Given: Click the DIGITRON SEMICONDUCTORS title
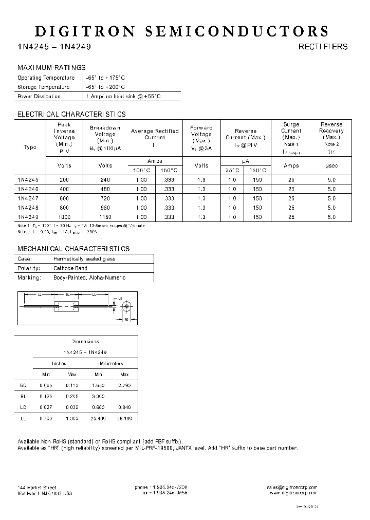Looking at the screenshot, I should click(x=181, y=31).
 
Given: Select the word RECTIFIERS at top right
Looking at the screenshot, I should click(x=323, y=47).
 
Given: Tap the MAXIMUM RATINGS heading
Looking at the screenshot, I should click(x=51, y=68).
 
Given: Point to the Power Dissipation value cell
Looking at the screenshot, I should click(x=123, y=97).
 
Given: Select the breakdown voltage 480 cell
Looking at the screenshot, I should click(x=105, y=189).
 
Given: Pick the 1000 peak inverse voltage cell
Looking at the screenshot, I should click(x=64, y=217).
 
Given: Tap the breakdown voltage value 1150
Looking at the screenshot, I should click(x=105, y=217).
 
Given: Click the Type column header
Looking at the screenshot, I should click(x=30, y=147).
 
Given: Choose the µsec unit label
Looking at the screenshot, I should click(x=331, y=165).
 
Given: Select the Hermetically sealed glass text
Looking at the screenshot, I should click(x=84, y=259).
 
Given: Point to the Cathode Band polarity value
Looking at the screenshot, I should click(x=70, y=268).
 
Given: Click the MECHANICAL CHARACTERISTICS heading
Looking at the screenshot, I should click(x=73, y=249).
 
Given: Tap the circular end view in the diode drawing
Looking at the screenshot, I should click(x=125, y=306).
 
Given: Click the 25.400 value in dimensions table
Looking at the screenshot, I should click(x=98, y=419).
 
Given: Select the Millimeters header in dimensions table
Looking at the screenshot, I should click(x=112, y=363).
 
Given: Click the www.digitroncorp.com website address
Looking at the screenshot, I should click(x=293, y=493).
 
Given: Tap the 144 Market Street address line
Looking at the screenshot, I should click(x=37, y=487).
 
